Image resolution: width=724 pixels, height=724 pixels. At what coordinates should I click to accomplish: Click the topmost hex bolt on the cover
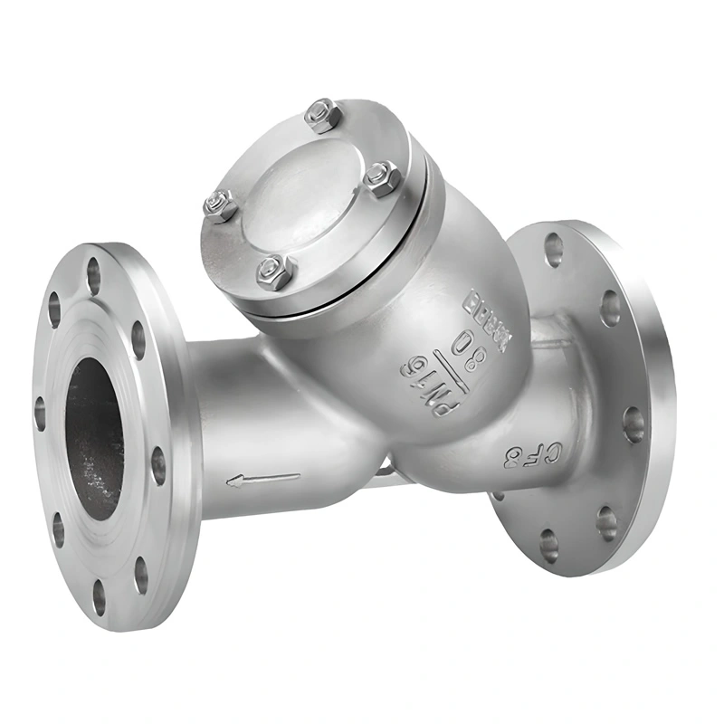pyautogui.click(x=322, y=115)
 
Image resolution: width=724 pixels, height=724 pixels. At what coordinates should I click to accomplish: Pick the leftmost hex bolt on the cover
pyautogui.click(x=220, y=205)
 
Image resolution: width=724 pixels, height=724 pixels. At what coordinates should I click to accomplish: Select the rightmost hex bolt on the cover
pyautogui.click(x=383, y=178)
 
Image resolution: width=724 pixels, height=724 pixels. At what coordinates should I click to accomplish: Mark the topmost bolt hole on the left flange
pyautogui.click(x=93, y=276)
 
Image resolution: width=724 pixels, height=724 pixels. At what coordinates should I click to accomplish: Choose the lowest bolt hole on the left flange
pyautogui.click(x=99, y=595)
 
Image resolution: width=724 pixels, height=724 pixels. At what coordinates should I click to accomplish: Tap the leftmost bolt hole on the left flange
pyautogui.click(x=40, y=412)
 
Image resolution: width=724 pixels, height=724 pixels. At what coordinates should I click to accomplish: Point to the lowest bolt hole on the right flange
pyautogui.click(x=549, y=546)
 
